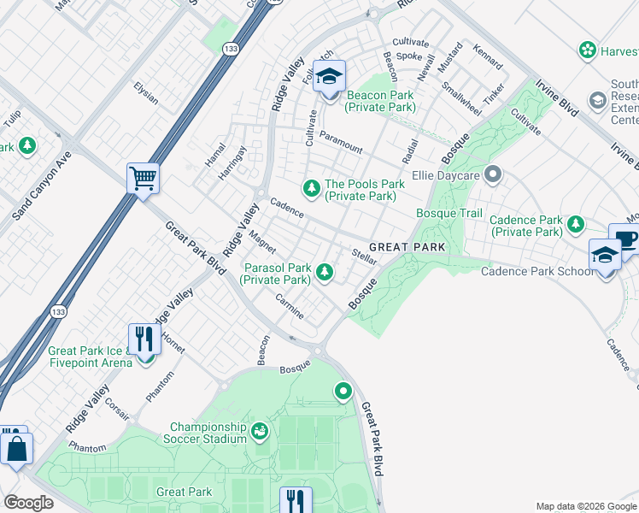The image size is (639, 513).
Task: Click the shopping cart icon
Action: pyautogui.click(x=144, y=179)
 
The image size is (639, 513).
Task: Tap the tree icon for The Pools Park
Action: pyautogui.click(x=313, y=186)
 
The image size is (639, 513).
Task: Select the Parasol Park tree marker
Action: pyautogui.click(x=324, y=273)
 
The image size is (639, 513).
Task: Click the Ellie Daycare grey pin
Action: pyautogui.click(x=491, y=175)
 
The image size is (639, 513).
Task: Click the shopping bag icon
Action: pyautogui.click(x=16, y=448)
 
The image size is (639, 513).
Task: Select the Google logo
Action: pyautogui.click(x=28, y=503)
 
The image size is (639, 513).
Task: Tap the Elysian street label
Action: pyautogui.click(x=145, y=93)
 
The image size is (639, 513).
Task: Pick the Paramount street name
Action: pyautogui.click(x=341, y=141)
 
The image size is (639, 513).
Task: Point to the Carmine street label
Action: pyautogui.click(x=290, y=306)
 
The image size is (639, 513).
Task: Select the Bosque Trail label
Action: pyautogui.click(x=449, y=214)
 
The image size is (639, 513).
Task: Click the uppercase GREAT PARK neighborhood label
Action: pyautogui.click(x=407, y=247)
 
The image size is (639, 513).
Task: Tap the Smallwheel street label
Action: pyautogui.click(x=460, y=98)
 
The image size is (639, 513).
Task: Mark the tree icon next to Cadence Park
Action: pyautogui.click(x=577, y=224)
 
